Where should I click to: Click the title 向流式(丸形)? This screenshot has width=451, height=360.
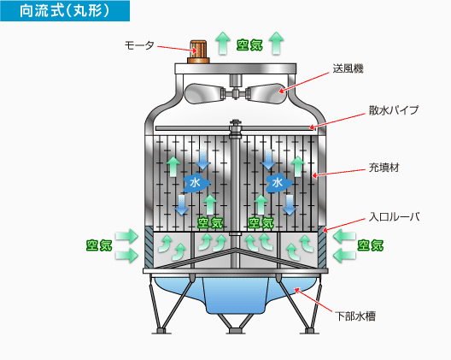point(64,11)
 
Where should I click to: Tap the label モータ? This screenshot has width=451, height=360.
point(139,45)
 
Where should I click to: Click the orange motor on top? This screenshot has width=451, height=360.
point(198,52)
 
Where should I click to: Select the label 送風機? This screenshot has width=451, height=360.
point(348,68)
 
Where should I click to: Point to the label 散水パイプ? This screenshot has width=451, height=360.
point(394,110)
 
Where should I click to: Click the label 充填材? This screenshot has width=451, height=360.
point(384,168)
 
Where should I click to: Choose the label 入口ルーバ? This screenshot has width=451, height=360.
point(394,216)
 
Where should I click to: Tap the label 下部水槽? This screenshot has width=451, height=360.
point(355,316)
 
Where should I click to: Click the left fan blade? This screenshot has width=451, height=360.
point(203,93)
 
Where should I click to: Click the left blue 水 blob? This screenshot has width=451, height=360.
point(196,183)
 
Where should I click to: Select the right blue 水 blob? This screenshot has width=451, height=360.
point(278,183)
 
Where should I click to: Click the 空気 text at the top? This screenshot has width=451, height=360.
point(249,45)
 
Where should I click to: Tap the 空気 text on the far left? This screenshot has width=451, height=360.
point(99,245)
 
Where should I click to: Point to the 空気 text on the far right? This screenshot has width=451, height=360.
point(371,245)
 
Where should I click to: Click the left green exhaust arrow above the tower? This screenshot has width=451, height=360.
point(223,44)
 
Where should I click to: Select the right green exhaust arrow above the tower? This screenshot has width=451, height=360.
point(277,44)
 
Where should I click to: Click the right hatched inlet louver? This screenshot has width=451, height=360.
point(322,246)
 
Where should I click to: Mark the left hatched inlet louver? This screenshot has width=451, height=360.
point(149,246)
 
